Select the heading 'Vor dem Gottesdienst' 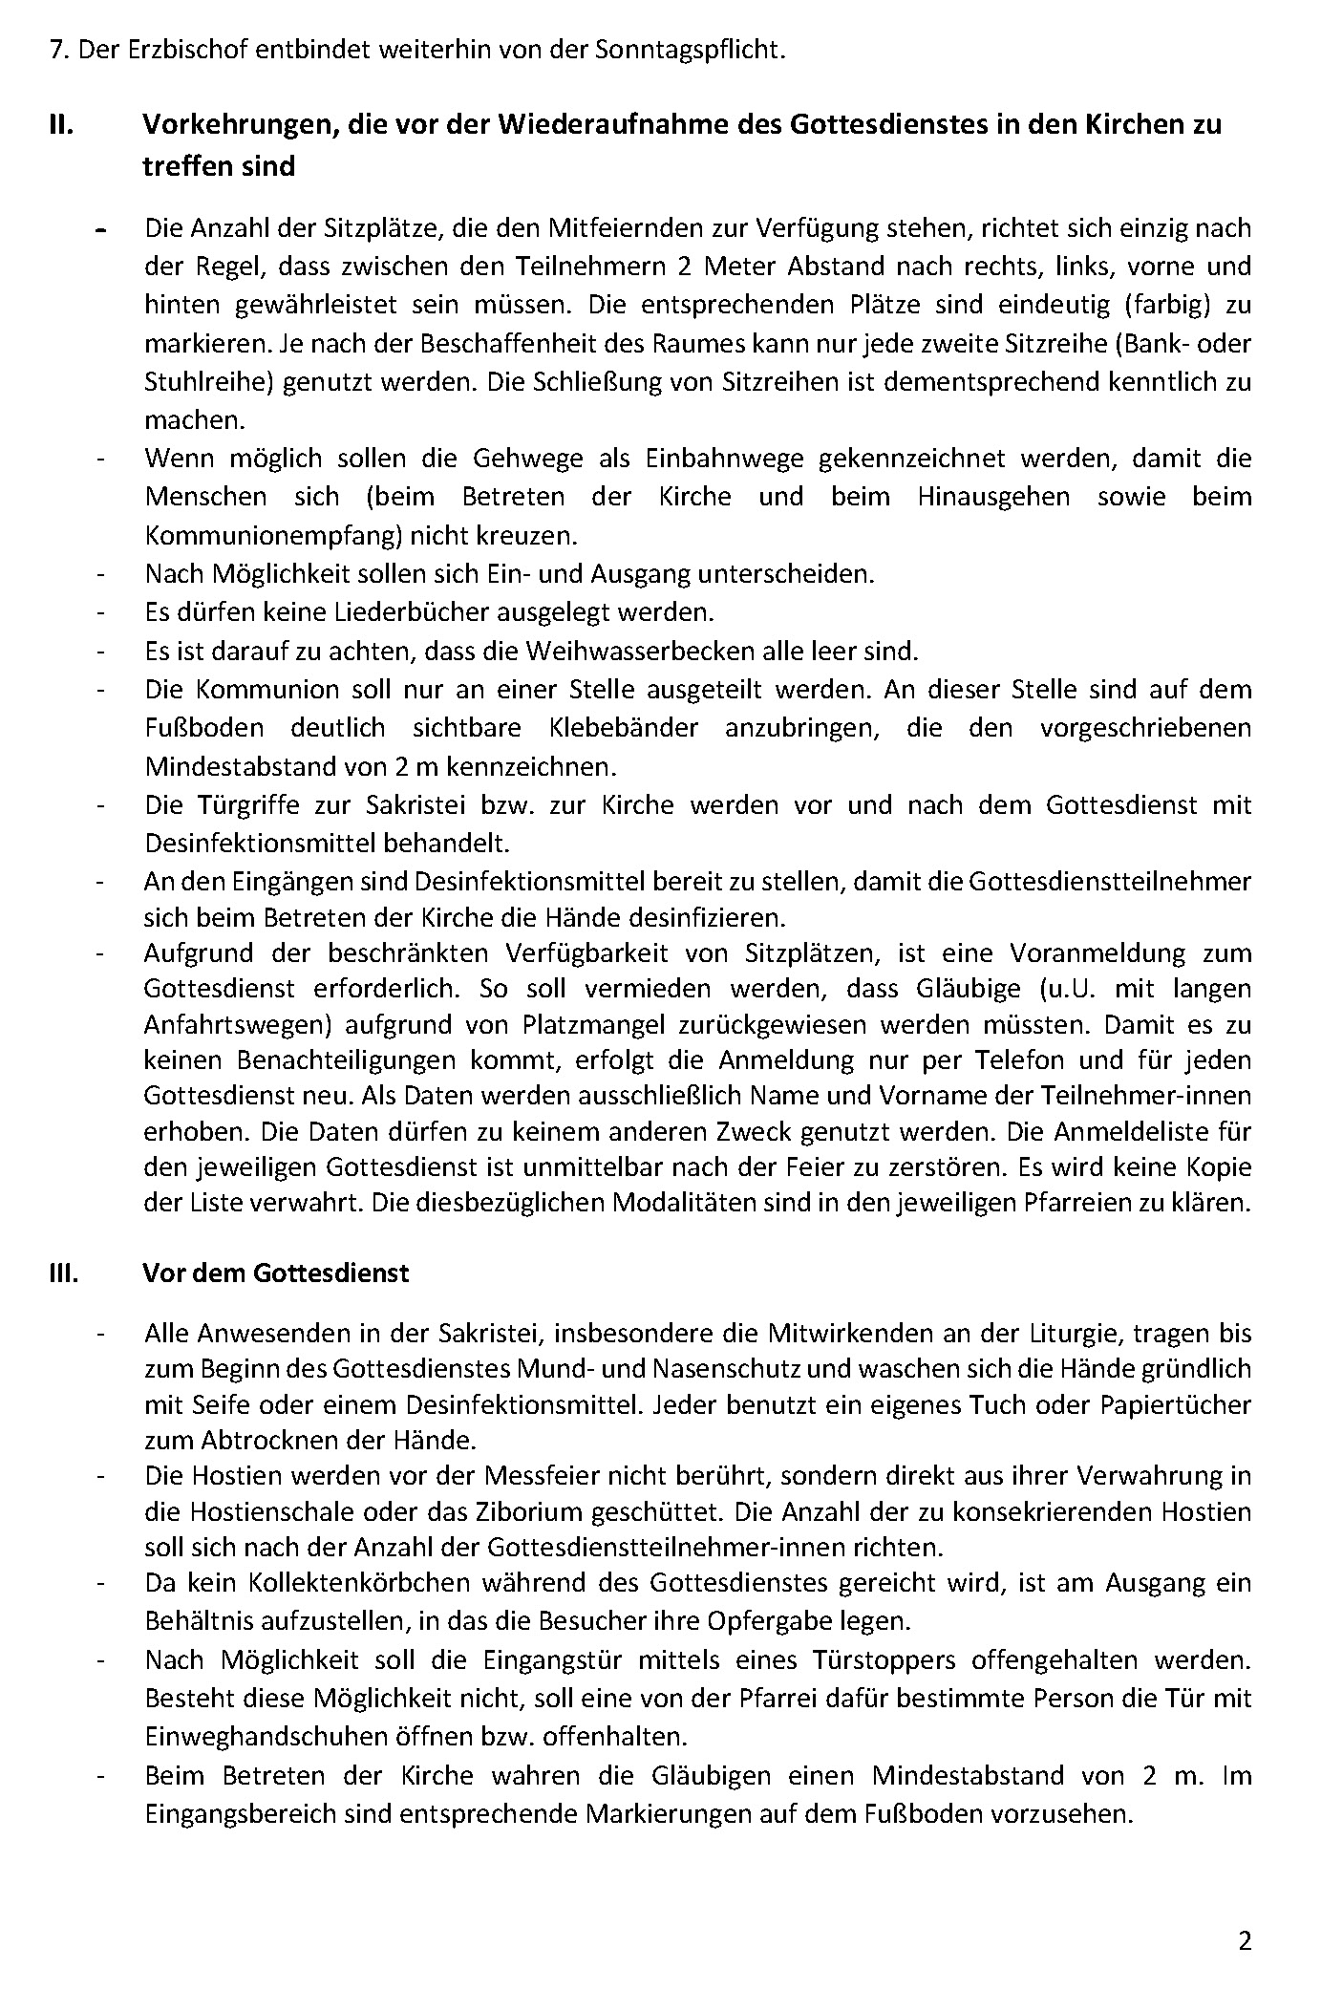[275, 1273]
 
